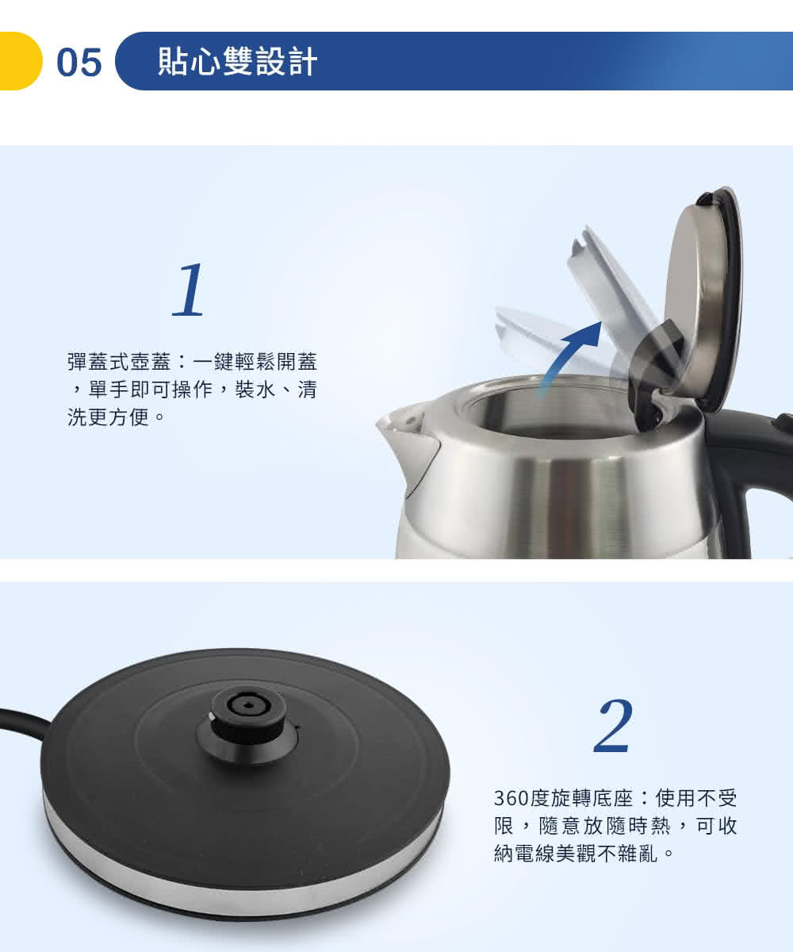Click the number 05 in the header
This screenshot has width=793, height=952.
click(79, 63)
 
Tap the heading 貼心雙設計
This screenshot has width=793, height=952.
click(237, 61)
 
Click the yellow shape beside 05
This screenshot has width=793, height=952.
click(21, 61)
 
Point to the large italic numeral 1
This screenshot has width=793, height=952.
click(188, 290)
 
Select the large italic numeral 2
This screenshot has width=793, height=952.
click(613, 725)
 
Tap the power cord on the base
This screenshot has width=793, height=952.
click(23, 721)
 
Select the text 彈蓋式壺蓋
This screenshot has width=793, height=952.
click(119, 362)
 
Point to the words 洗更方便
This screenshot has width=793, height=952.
click(109, 416)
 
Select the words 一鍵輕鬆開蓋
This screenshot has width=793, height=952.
click(255, 362)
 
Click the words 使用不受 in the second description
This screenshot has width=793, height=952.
click(696, 798)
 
